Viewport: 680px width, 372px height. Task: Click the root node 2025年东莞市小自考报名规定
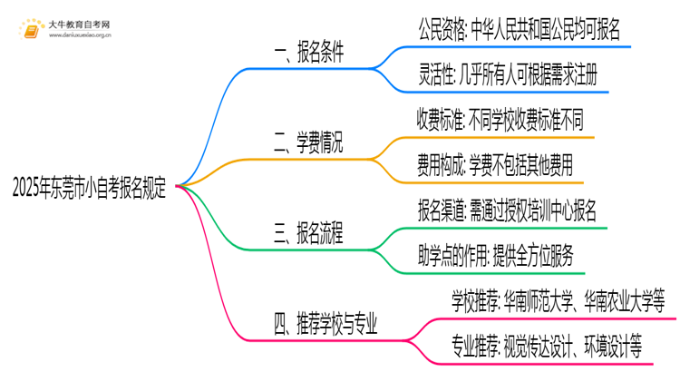pyautogui.click(x=90, y=185)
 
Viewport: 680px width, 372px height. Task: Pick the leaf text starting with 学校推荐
pyautogui.click(x=559, y=299)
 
